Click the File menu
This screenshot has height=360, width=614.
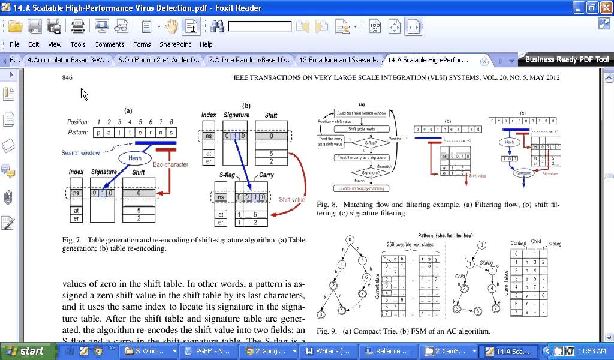pos(14,44)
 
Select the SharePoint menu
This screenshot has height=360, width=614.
pos(175,44)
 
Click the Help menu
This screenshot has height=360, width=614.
pos(206,44)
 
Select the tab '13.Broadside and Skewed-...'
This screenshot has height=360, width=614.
pos(341,60)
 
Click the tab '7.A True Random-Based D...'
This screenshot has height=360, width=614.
pos(250,60)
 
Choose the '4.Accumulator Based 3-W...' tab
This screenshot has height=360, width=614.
pos(68,60)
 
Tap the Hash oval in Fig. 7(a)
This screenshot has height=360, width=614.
pos(134,158)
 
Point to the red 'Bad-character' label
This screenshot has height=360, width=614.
pos(170,164)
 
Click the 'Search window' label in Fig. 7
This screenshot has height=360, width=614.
pos(80,153)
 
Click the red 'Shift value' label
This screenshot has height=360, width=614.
pos(292,199)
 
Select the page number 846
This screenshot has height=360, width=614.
pos(67,77)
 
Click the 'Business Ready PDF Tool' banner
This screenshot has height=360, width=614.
pos(567,59)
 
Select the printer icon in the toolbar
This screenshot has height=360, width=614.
pos(77,26)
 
